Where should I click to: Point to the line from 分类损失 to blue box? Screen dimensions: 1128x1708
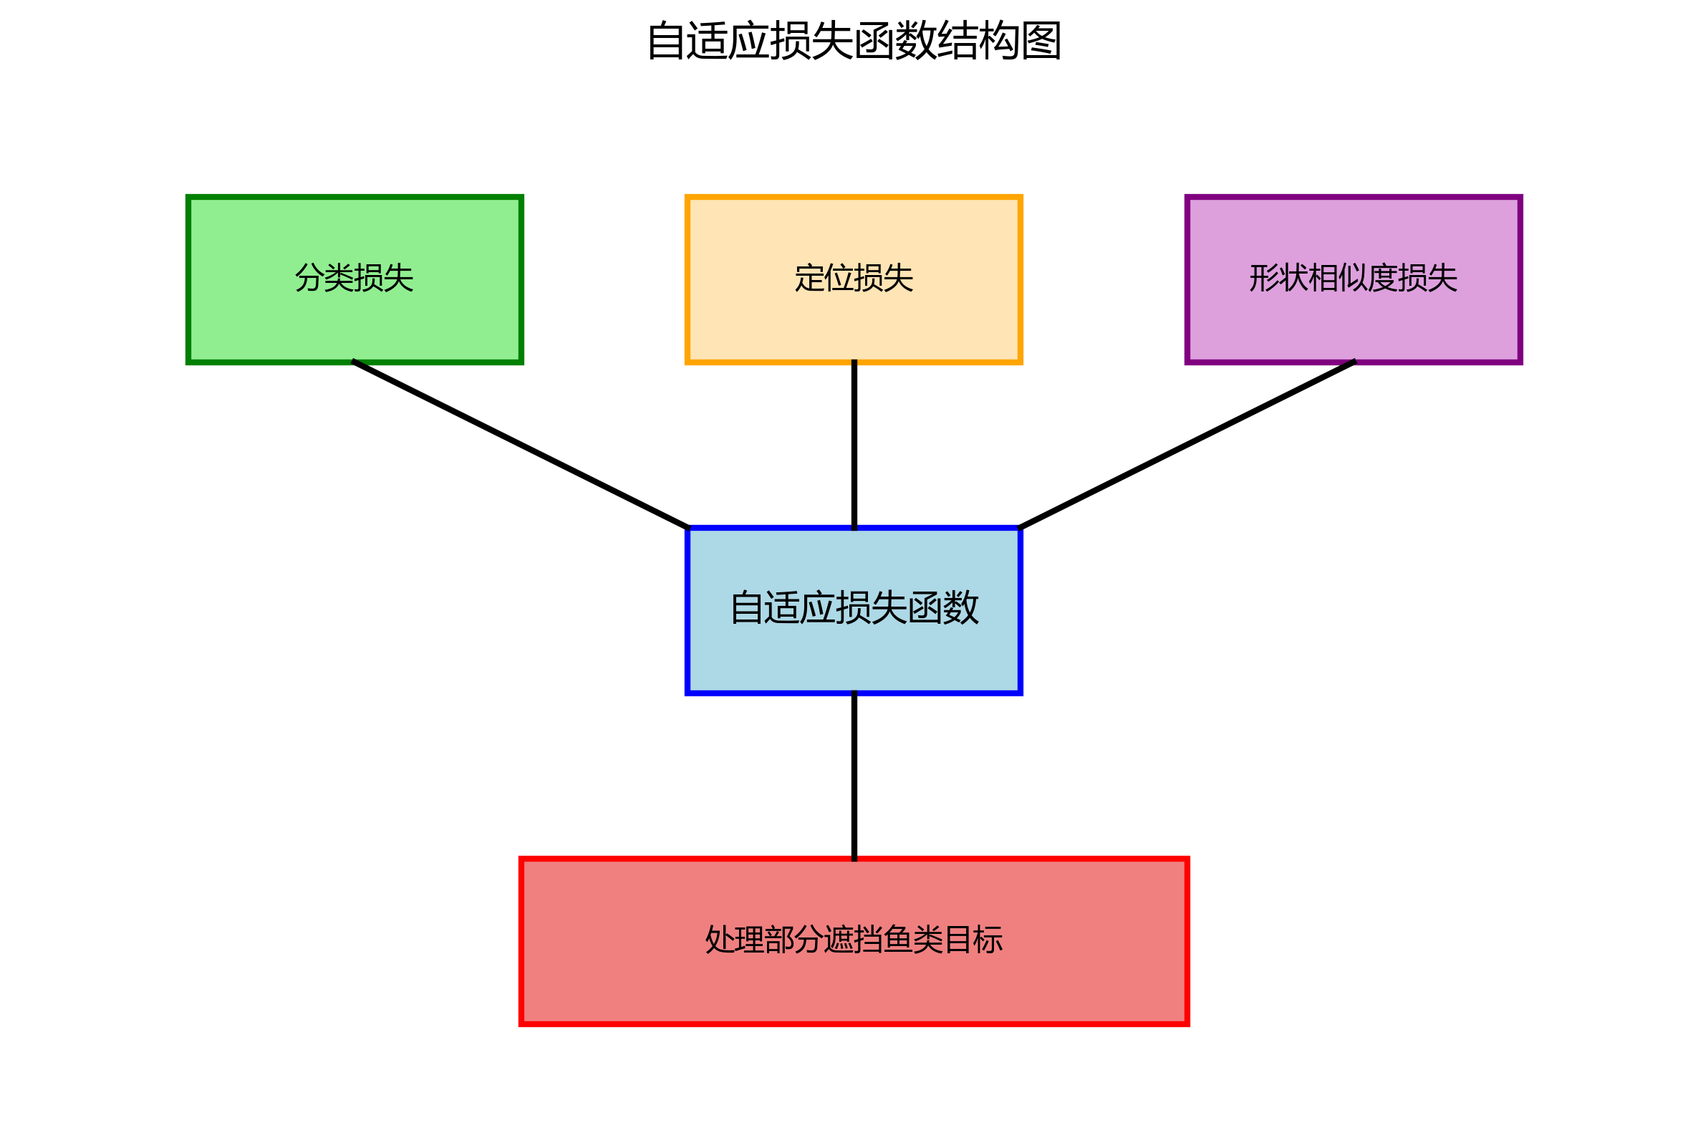point(521,445)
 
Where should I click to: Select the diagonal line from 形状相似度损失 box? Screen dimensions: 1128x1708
point(1187,445)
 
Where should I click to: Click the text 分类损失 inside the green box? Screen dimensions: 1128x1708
point(354,279)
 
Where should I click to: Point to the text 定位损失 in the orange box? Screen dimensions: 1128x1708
point(854,279)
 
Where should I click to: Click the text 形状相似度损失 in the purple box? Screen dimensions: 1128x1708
point(1353,279)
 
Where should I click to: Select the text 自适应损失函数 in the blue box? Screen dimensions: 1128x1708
point(854,608)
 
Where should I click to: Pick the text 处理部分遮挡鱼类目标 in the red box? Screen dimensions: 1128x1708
point(854,940)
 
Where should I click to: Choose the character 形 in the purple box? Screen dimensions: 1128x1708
point(1264,279)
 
